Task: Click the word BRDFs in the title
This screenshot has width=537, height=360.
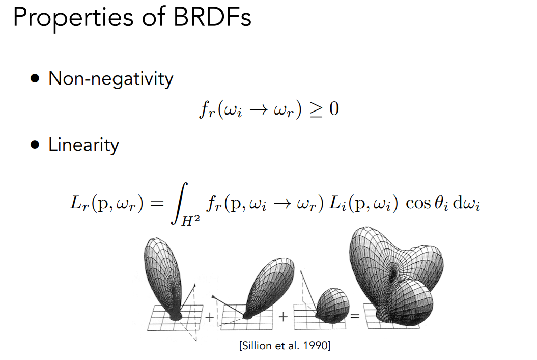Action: point(212,17)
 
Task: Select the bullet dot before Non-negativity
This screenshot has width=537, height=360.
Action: point(35,78)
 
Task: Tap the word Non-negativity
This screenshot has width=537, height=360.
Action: point(110,79)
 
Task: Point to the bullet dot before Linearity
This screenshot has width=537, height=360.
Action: point(35,145)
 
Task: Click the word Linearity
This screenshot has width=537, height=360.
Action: point(83,145)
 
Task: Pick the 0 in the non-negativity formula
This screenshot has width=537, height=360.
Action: point(334,109)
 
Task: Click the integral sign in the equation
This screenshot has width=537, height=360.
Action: point(180,203)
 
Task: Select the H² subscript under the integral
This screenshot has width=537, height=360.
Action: point(190,221)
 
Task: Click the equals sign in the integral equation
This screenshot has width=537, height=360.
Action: point(157,203)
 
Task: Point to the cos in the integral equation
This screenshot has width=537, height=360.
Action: point(418,204)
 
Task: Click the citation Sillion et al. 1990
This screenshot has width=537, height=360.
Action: point(285,345)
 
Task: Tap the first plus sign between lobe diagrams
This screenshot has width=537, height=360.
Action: point(210,317)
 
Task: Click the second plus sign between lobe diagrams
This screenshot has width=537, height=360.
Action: point(283,317)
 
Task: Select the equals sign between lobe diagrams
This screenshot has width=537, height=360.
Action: point(355,316)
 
